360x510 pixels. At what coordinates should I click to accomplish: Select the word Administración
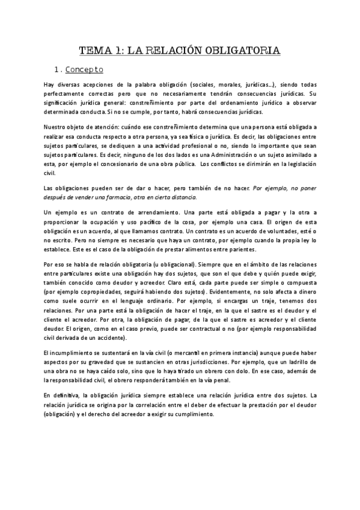coord(225,155)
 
